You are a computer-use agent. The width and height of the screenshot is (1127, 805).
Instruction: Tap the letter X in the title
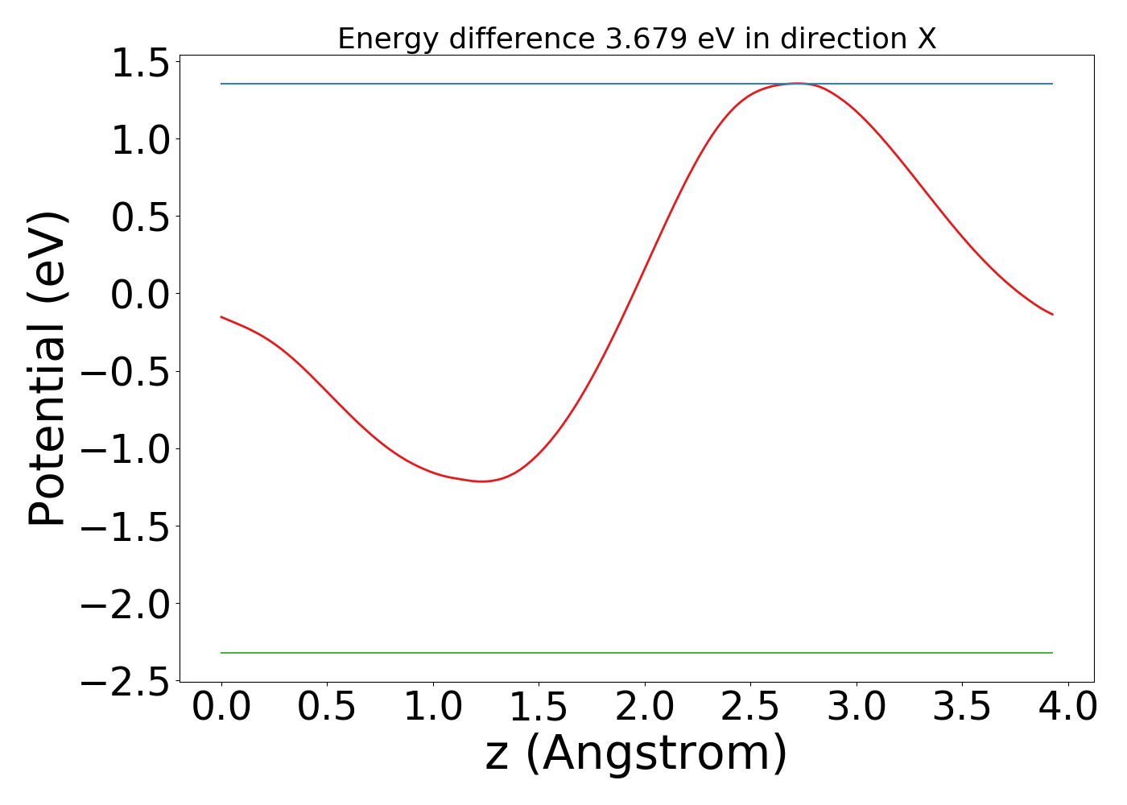point(927,39)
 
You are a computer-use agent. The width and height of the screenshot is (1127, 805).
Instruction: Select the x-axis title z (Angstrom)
point(636,754)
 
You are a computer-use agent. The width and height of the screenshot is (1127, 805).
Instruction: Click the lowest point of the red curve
point(483,481)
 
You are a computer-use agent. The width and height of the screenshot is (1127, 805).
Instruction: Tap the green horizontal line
point(636,653)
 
